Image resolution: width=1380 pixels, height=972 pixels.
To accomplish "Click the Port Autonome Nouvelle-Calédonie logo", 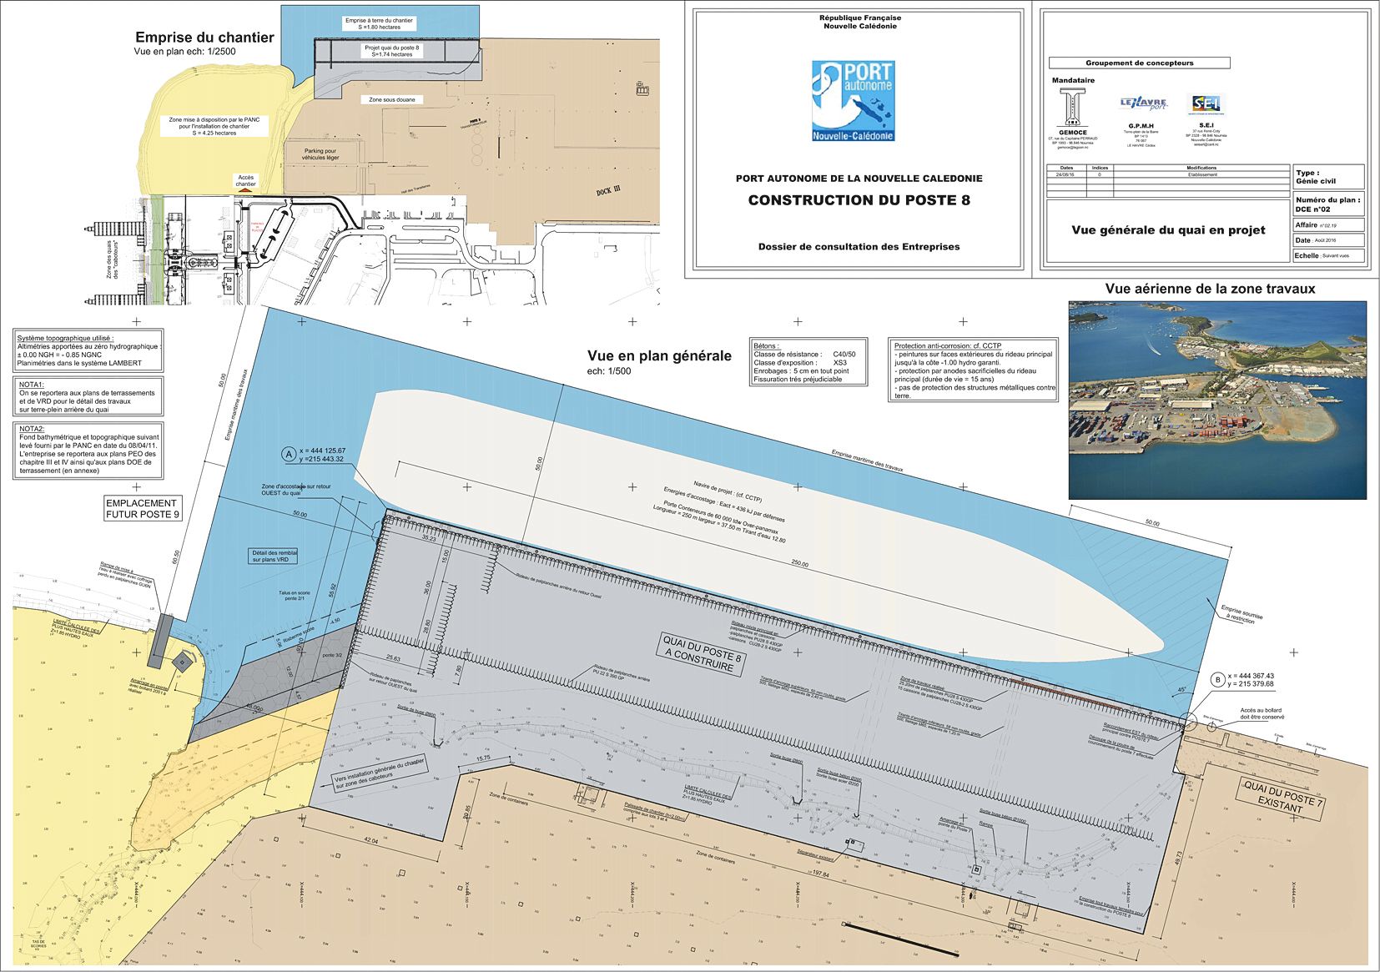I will pos(853,101).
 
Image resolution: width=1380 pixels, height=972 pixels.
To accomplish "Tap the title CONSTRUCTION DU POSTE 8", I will pos(859,200).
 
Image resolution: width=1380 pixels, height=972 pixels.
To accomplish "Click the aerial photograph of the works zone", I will pos(1217,400).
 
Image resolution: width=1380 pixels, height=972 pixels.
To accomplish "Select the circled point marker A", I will pos(289,455).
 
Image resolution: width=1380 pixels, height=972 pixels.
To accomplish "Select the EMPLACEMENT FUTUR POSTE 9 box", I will pos(141,509).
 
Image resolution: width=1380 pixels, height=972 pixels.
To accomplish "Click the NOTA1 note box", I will pos(89,396).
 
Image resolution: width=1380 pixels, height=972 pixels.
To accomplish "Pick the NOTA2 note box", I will pos(89,450).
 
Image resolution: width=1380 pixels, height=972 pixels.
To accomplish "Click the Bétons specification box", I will pos(808,361).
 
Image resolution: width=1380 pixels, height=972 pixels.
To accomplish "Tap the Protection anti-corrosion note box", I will pos(974,370).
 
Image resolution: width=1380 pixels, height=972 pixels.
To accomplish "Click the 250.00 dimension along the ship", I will pos(798,564).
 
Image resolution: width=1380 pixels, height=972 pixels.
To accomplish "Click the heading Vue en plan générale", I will pos(659,356).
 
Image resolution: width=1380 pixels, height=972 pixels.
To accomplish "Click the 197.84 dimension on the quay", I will pos(819,874).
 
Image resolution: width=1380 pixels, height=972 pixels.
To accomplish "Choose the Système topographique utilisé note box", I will pos(89,350).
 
